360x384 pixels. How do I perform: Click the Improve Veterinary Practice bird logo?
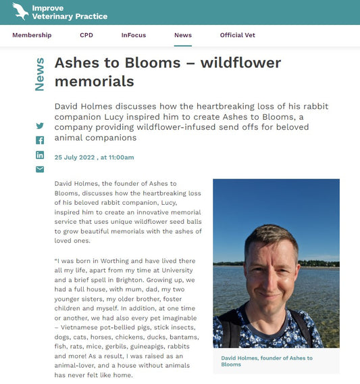[20, 11]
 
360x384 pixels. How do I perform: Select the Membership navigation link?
[32, 35]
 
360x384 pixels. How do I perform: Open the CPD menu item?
[86, 35]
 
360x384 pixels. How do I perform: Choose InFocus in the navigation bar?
[133, 35]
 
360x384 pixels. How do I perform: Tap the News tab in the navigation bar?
[182, 35]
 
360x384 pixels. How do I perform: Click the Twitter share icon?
[40, 126]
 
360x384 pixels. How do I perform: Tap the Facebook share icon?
[40, 140]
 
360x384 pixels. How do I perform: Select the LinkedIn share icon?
[40, 155]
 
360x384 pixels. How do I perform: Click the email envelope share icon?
[40, 169]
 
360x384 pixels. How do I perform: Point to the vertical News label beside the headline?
[40, 74]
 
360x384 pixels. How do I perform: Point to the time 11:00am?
[120, 157]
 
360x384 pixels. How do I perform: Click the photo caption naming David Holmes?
[260, 362]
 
